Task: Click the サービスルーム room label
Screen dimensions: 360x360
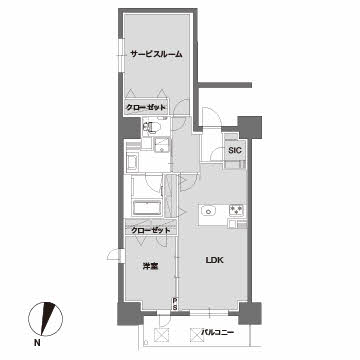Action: coord(156,54)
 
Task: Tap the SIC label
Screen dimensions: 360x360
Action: coord(235,150)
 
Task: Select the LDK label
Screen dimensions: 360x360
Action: coord(214,261)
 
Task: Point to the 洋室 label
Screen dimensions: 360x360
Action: coord(151,267)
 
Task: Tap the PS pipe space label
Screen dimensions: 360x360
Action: coord(175,304)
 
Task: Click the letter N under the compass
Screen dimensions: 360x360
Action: coord(37,342)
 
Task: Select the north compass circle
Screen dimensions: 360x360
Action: coord(46,319)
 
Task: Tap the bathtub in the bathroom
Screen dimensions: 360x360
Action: coord(147,208)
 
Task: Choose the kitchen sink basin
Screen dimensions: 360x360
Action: coord(208,211)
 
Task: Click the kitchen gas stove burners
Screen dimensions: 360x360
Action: coord(237,210)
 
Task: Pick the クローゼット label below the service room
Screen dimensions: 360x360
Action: coord(146,108)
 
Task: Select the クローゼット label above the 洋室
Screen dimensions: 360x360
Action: coord(150,230)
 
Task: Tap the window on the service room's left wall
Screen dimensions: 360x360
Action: coord(121,55)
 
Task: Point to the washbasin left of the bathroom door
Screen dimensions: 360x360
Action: coord(133,163)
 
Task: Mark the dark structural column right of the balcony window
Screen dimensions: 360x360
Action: coord(250,313)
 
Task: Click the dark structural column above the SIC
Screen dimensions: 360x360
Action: coord(250,127)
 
